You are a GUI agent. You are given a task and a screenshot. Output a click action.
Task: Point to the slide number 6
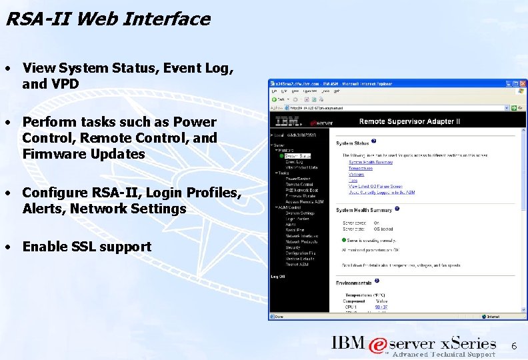[x=513, y=346]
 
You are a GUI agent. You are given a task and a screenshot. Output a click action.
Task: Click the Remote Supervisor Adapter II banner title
[x=409, y=122]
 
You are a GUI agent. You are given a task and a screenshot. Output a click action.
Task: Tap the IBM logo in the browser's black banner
[x=287, y=122]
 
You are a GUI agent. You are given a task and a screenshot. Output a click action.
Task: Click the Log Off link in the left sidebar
[x=277, y=276]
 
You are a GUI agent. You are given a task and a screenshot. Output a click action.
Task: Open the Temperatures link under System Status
[x=361, y=169]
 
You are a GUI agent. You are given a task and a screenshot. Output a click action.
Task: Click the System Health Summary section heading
[x=364, y=210]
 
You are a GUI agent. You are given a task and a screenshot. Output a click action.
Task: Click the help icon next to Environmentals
[x=377, y=282]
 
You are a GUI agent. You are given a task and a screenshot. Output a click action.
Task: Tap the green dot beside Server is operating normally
[x=343, y=239]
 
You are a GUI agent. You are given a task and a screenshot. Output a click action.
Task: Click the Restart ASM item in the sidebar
[x=297, y=265]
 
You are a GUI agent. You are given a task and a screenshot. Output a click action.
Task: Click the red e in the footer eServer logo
[x=378, y=345]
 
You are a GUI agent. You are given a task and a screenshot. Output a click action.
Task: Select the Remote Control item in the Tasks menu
[x=299, y=184]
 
